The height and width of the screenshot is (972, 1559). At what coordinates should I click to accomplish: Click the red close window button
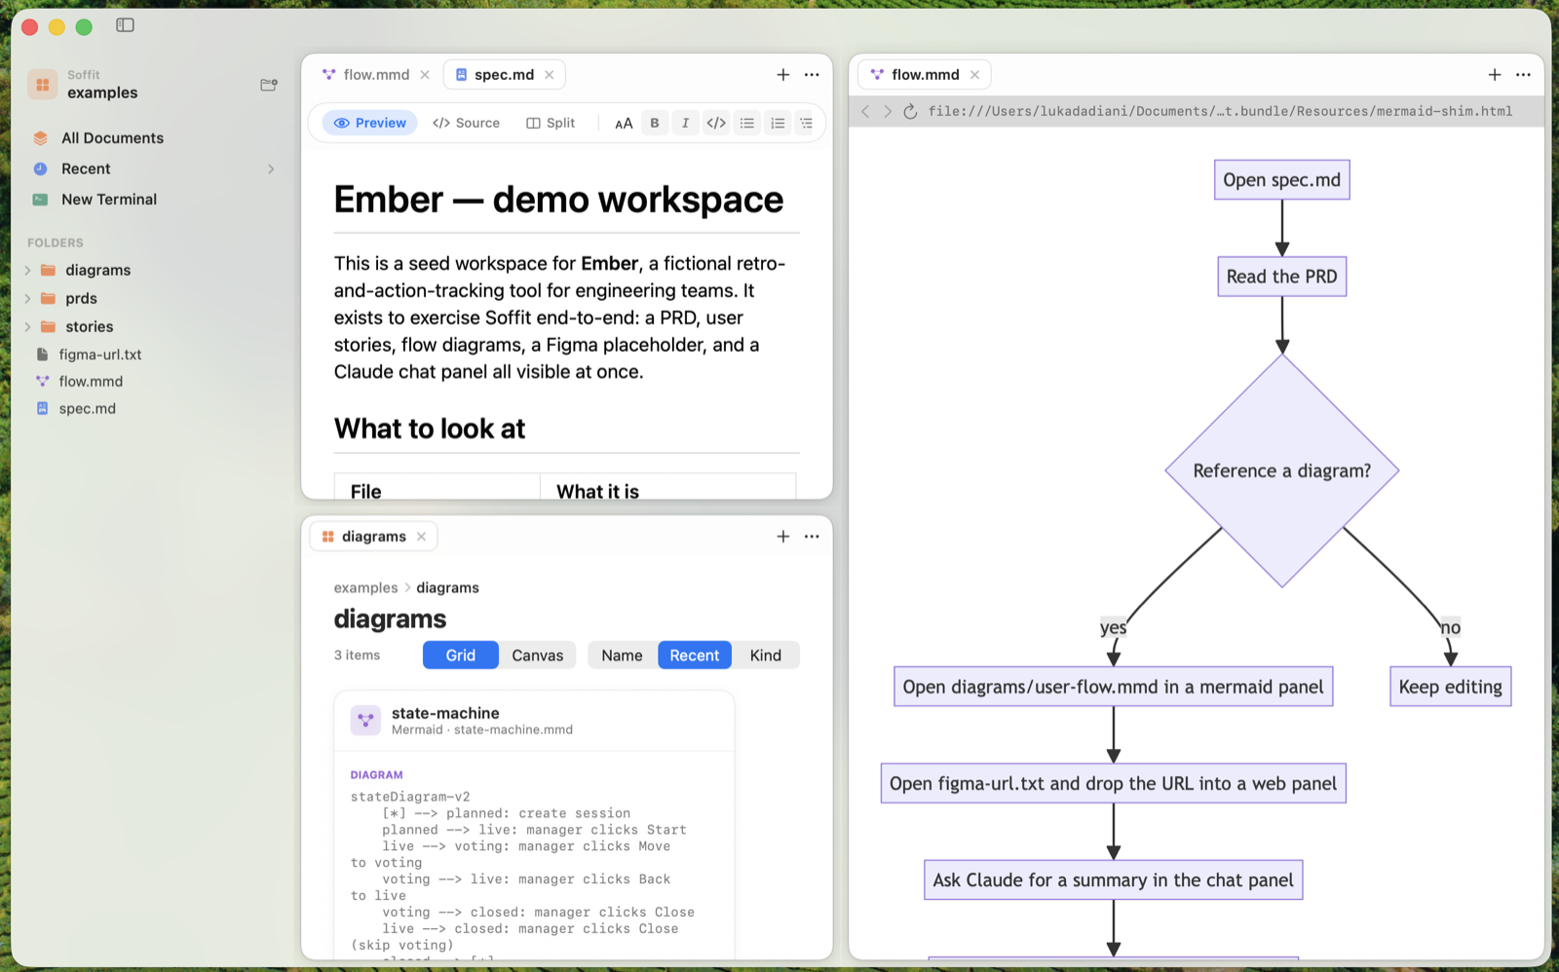point(29,27)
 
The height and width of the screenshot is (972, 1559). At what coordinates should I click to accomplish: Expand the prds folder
point(28,298)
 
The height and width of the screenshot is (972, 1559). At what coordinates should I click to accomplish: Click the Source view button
point(466,123)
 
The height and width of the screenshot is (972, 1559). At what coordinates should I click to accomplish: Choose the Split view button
point(550,123)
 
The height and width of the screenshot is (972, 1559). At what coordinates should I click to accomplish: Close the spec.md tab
point(550,74)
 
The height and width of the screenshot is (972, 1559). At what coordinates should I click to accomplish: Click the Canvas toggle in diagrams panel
point(537,655)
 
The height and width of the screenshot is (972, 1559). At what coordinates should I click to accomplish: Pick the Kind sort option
point(766,655)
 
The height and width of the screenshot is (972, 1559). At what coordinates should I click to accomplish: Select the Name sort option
point(622,655)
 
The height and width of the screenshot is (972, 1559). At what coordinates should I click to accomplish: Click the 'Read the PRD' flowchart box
point(1282,277)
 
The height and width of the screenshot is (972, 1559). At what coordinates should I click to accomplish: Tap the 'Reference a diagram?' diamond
point(1282,470)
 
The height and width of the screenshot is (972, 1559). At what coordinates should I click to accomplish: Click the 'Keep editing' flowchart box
point(1451,687)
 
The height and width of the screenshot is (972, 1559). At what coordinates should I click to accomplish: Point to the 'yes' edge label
point(1113,627)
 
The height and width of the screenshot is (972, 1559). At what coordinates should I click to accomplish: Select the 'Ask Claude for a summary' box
point(1114,880)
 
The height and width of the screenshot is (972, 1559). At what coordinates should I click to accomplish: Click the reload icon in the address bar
point(910,111)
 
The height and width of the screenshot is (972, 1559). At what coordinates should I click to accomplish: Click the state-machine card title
point(445,713)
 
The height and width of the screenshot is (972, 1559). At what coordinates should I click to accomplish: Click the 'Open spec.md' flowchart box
point(1282,179)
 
